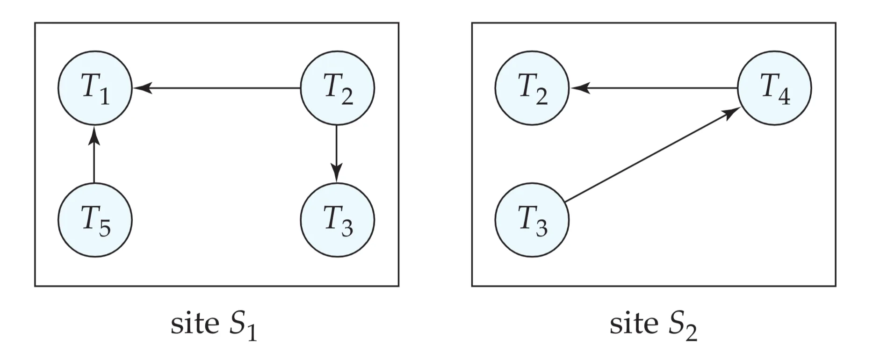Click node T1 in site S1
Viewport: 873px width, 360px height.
pos(95,88)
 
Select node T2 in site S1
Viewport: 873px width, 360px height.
pos(337,88)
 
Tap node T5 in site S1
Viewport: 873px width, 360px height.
pos(95,220)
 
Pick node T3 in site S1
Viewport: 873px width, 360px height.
pos(337,220)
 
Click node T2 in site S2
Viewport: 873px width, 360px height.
pos(532,88)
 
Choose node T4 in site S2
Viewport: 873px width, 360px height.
pos(774,88)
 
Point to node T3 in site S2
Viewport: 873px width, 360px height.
pos(532,220)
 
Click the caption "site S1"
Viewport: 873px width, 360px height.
pos(214,324)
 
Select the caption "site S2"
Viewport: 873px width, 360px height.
pos(653,324)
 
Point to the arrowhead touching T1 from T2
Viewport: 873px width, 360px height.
pos(142,87)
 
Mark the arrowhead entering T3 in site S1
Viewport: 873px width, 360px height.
pos(337,173)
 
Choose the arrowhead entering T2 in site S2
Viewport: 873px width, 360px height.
pos(579,87)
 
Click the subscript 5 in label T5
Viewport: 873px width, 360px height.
pos(105,229)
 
